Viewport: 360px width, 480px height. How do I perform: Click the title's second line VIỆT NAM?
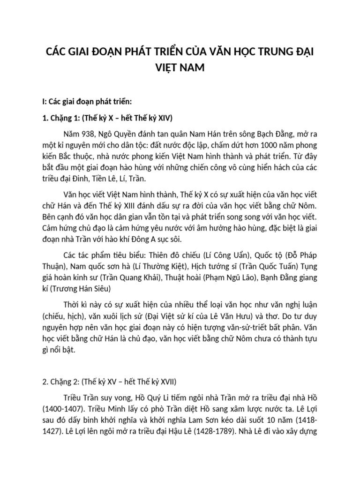180,68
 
